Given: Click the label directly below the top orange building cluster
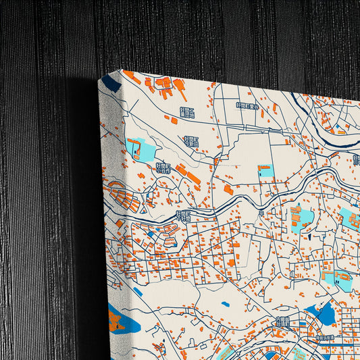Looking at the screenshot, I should pos(187,111).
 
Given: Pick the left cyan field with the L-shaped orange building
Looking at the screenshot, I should pos(140,148).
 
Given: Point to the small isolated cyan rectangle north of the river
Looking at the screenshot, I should pos(265,171).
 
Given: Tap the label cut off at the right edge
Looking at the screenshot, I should pos(356,160).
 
